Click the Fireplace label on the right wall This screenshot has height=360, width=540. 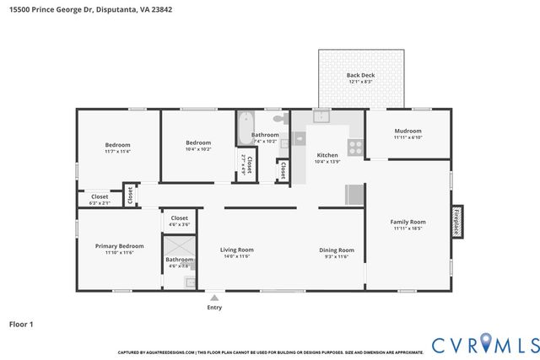pyautogui.click(x=458, y=222)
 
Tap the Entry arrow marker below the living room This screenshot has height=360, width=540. pyautogui.click(x=214, y=298)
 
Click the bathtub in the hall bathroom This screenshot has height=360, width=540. pyautogui.click(x=245, y=127)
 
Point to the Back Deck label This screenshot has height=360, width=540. pyautogui.click(x=360, y=75)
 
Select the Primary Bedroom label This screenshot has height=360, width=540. pyautogui.click(x=119, y=245)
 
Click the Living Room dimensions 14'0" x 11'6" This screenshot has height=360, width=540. pyautogui.click(x=237, y=256)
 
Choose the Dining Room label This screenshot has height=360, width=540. pyautogui.click(x=336, y=250)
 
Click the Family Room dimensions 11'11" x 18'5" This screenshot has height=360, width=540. pyautogui.click(x=408, y=228)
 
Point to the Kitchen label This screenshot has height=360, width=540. pyautogui.click(x=327, y=155)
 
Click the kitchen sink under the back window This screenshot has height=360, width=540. pyautogui.click(x=320, y=117)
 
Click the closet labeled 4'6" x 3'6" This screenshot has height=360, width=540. pyautogui.click(x=179, y=221)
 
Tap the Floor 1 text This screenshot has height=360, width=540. pyautogui.click(x=20, y=323)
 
